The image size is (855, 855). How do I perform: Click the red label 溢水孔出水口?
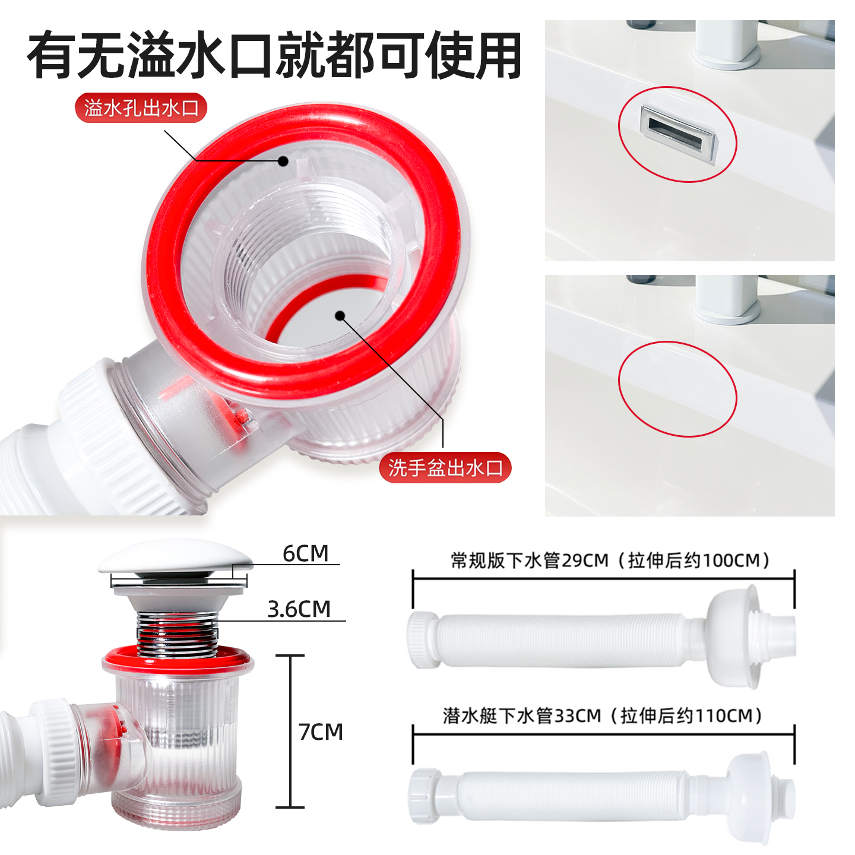141,108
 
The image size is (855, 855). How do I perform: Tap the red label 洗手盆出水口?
445,468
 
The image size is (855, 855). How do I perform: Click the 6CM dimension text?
305,553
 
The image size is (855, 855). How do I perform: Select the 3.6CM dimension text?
299,609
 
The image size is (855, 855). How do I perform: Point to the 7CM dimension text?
321,732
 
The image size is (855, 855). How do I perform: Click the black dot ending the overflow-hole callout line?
284,161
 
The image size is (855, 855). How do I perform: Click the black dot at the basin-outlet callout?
340,315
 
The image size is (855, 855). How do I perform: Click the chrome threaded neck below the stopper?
177,632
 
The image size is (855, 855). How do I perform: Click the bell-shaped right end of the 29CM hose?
736,635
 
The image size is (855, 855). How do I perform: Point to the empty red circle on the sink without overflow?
677,389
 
